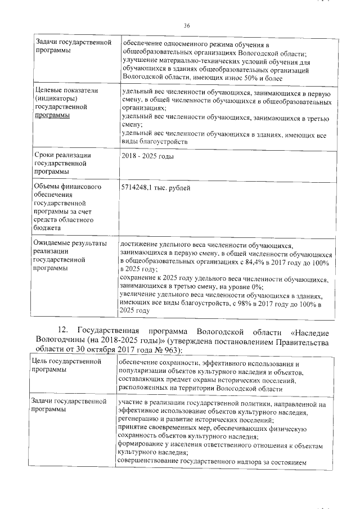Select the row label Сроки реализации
(62, 155)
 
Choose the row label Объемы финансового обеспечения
(67, 187)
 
